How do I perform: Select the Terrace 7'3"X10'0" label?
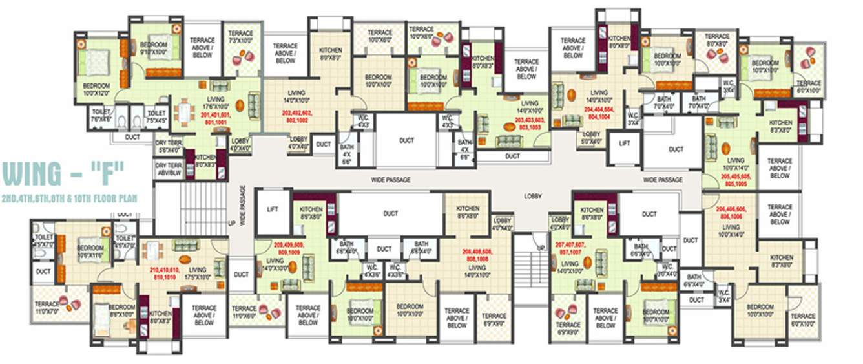241,36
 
